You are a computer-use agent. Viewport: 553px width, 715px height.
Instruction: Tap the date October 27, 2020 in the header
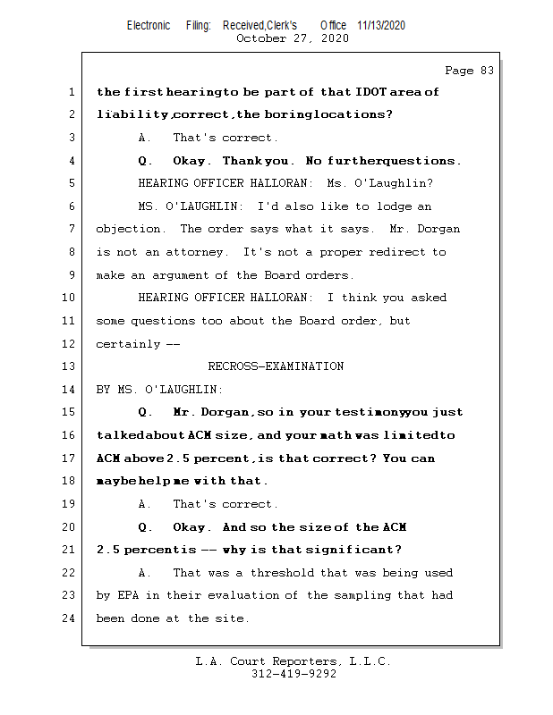[x=293, y=38]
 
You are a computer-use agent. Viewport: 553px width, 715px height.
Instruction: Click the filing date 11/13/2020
[x=380, y=26]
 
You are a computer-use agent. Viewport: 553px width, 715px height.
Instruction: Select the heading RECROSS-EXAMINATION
[x=276, y=366]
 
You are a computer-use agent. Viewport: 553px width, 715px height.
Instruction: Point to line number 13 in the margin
[x=70, y=366]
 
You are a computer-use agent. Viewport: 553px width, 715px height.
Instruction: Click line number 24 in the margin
[x=70, y=618]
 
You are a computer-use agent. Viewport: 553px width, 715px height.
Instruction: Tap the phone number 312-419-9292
[x=294, y=675]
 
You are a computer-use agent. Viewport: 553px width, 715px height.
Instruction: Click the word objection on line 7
[x=131, y=230]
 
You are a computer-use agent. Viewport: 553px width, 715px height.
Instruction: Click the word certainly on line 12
[x=128, y=344]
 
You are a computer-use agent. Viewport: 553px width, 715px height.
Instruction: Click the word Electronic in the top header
[x=149, y=26]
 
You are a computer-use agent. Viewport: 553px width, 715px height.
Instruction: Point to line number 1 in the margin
[x=70, y=92]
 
